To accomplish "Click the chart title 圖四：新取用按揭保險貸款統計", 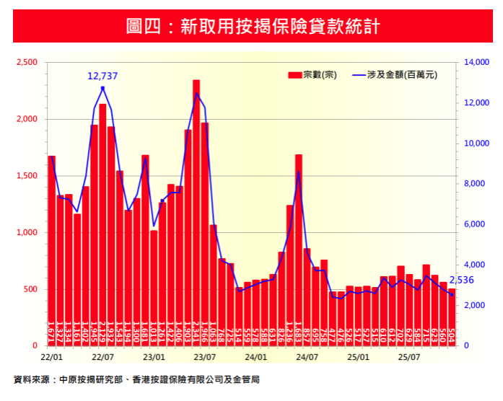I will pos(251,27).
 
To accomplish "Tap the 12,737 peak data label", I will pos(102,75).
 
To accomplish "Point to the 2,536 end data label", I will pos(463,281).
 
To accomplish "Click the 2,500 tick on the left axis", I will pos(27,63).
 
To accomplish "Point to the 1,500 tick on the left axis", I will pos(27,176).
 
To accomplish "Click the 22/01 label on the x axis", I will pos(51,356).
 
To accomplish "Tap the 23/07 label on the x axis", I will pos(205,356).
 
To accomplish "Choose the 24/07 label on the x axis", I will pos(307,356).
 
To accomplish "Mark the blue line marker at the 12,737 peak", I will pos(102,88).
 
